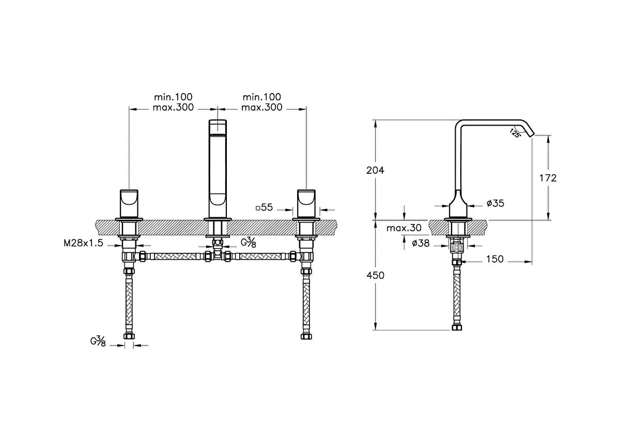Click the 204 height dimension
click(x=375, y=170)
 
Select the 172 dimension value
click(x=548, y=178)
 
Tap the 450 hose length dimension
click(x=375, y=275)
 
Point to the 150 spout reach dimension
click(x=495, y=259)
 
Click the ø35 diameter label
click(x=495, y=203)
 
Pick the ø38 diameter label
click(x=421, y=243)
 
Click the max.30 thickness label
click(x=404, y=228)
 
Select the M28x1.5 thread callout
click(x=83, y=243)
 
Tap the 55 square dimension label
click(x=265, y=207)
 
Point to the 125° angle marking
click(x=515, y=133)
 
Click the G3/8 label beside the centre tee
click(x=249, y=242)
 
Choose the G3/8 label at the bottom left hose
click(x=98, y=341)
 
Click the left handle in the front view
click(x=129, y=204)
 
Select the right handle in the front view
click(x=306, y=204)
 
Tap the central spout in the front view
click(x=218, y=169)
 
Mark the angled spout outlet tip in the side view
click(x=531, y=135)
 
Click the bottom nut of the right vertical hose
click(x=306, y=336)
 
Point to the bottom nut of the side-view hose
click(x=457, y=327)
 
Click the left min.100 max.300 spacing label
click(x=173, y=102)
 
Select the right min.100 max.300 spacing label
click(x=262, y=102)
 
